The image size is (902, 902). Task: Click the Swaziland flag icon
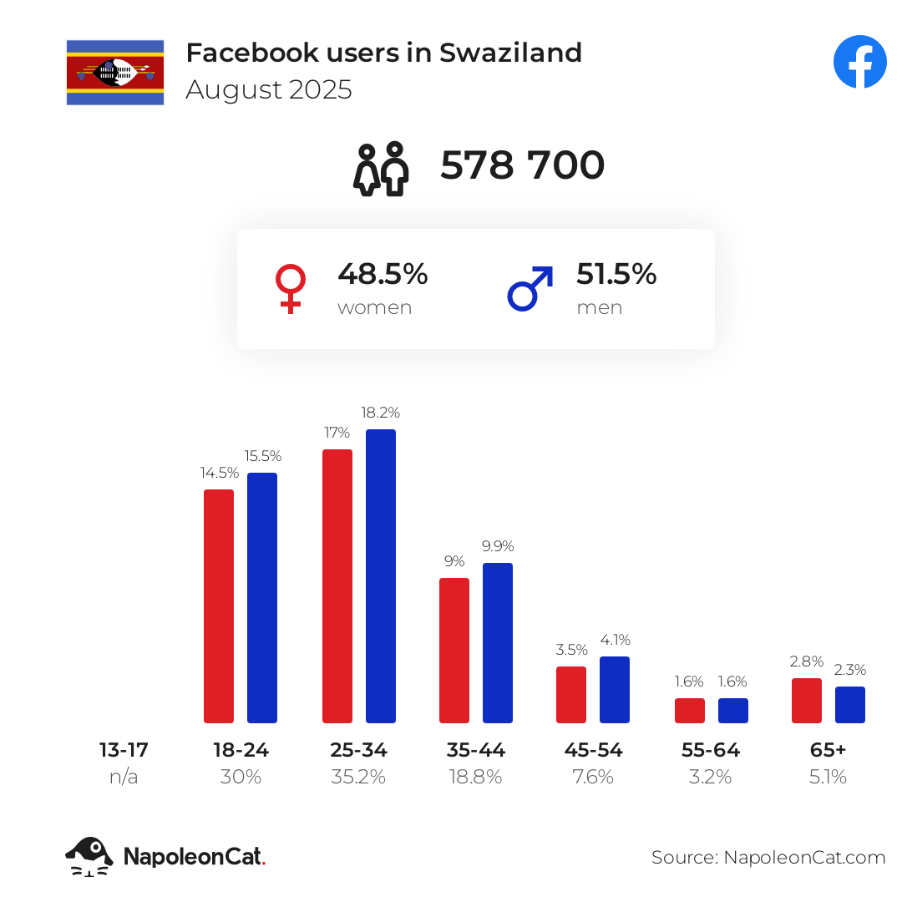pyautogui.click(x=115, y=72)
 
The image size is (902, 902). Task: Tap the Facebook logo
pyautogui.click(x=859, y=62)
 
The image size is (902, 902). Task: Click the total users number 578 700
pyautogui.click(x=522, y=165)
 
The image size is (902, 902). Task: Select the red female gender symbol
pyautogui.click(x=290, y=289)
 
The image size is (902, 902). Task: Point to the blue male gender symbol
pyautogui.click(x=530, y=288)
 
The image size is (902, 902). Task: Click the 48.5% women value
pyautogui.click(x=383, y=274)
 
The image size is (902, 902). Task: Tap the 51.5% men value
pyautogui.click(x=616, y=274)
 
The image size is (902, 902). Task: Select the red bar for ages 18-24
pyautogui.click(x=219, y=606)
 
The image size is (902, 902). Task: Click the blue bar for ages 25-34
pyautogui.click(x=381, y=576)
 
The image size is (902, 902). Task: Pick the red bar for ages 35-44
pyautogui.click(x=454, y=650)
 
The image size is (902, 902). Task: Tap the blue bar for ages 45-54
pyautogui.click(x=615, y=689)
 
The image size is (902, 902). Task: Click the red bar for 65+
pyautogui.click(x=807, y=700)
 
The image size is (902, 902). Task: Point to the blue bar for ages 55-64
pyautogui.click(x=733, y=710)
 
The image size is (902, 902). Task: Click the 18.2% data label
pyautogui.click(x=381, y=413)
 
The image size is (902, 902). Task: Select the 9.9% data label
pyautogui.click(x=498, y=546)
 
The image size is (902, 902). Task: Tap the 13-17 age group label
pyautogui.click(x=124, y=749)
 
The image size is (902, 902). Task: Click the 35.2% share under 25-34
pyautogui.click(x=358, y=777)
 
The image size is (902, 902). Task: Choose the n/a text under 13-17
pyautogui.click(x=124, y=777)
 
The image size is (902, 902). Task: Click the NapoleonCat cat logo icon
pyautogui.click(x=89, y=856)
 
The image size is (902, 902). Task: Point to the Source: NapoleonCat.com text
pyautogui.click(x=768, y=857)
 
